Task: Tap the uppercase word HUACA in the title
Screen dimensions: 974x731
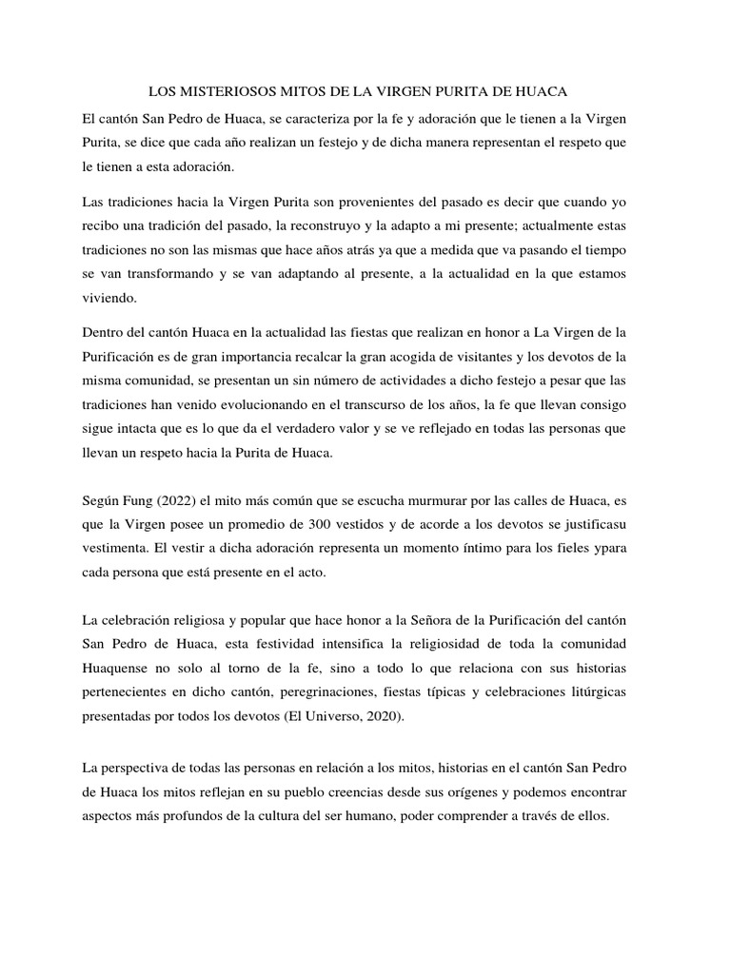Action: point(541,92)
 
